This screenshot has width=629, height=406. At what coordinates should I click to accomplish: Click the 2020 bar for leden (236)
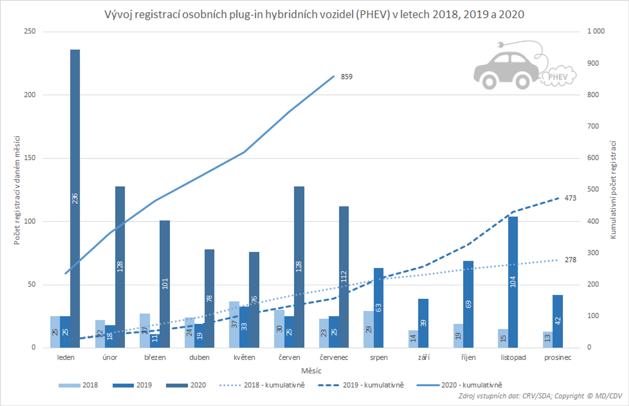pyautogui.click(x=75, y=198)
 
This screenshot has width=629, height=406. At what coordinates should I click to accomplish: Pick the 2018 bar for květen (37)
pyautogui.click(x=234, y=324)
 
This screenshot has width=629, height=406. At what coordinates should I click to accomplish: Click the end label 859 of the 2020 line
pyautogui.click(x=346, y=77)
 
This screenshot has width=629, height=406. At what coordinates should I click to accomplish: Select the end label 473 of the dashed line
pyautogui.click(x=570, y=198)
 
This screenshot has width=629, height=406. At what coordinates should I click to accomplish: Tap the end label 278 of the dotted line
pyautogui.click(x=570, y=260)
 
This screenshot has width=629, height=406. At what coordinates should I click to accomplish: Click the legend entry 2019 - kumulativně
pyautogui.click(x=373, y=385)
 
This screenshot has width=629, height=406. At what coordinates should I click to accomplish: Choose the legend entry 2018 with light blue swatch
pyautogui.click(x=90, y=385)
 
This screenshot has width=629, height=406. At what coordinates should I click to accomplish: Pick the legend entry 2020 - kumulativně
pyautogui.click(x=471, y=385)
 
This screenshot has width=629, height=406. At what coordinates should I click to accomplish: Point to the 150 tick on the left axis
pyautogui.click(x=30, y=158)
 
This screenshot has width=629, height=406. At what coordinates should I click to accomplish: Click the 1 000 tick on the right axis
pyautogui.click(x=596, y=31)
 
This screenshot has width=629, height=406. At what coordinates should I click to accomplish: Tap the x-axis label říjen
pyautogui.click(x=468, y=358)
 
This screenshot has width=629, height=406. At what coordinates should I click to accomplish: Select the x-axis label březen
pyautogui.click(x=155, y=358)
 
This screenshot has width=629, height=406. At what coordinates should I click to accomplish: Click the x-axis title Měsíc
pyautogui.click(x=311, y=371)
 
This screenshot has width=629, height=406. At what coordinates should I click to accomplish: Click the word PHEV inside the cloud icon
pyautogui.click(x=558, y=77)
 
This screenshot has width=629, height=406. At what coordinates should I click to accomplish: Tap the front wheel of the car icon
pyautogui.click(x=523, y=81)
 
